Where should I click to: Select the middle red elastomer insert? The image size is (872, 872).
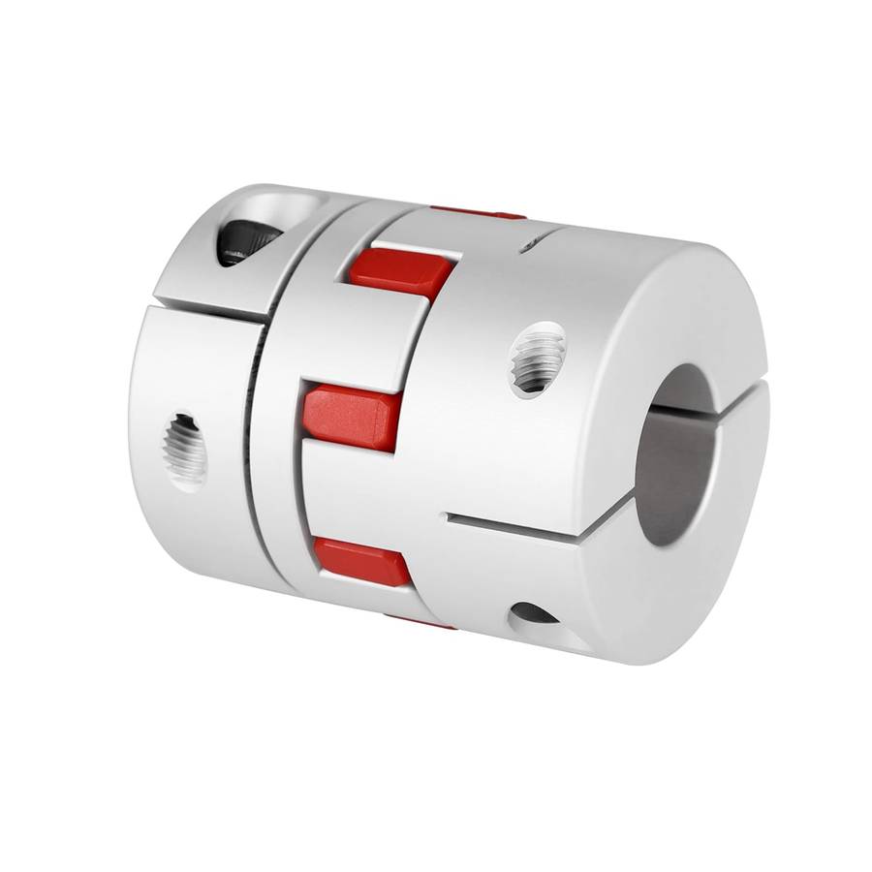coord(350,416)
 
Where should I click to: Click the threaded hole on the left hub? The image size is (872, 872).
coord(185,447)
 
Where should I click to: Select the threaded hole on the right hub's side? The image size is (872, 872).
coord(537,358)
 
